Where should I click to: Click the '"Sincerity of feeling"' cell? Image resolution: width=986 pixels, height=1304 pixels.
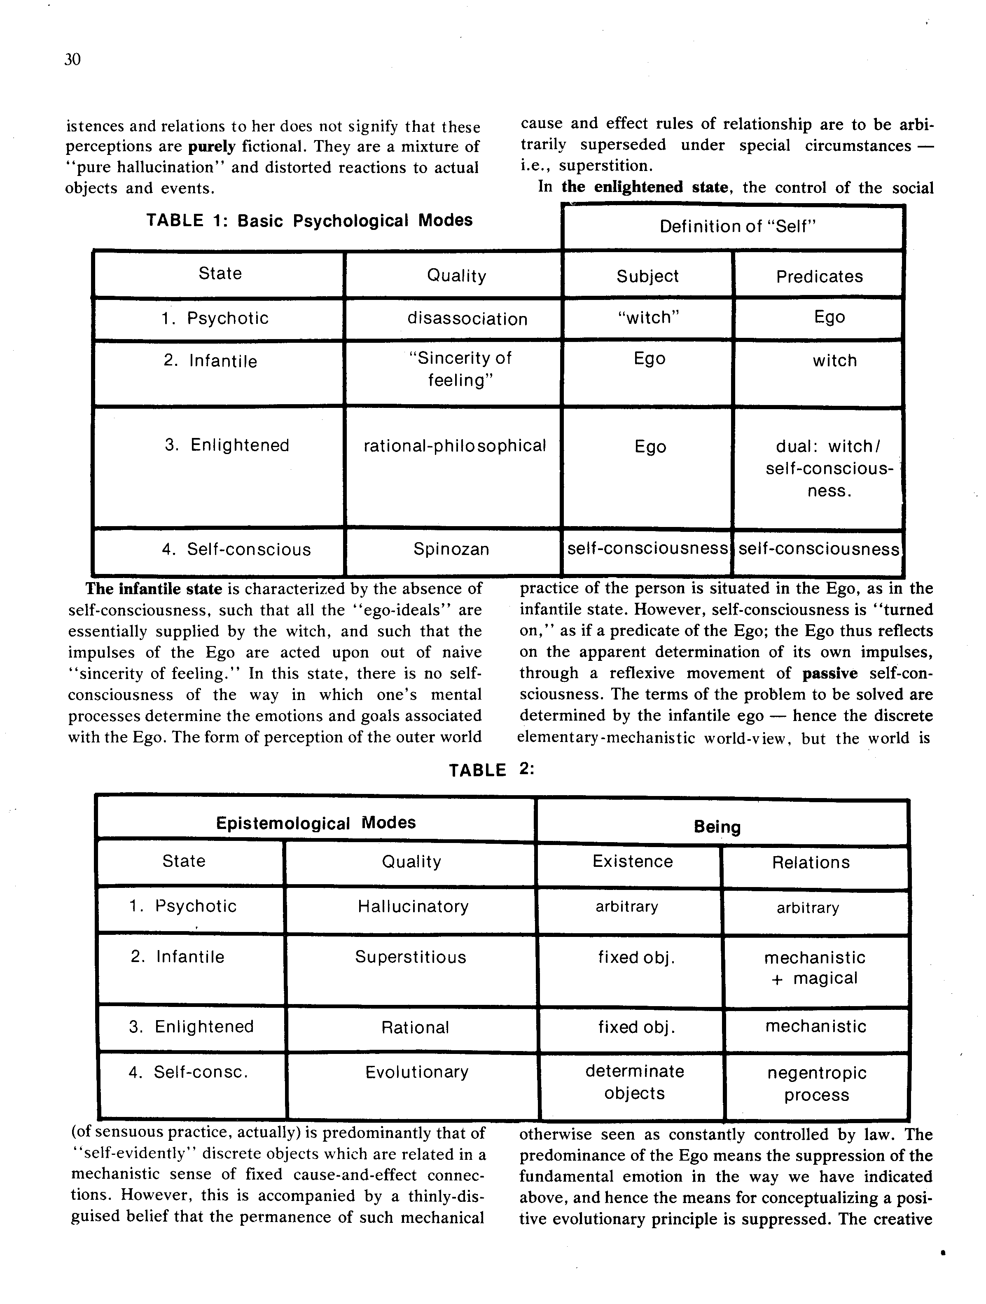[460, 369]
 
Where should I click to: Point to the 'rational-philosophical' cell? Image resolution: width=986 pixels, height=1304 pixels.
[454, 446]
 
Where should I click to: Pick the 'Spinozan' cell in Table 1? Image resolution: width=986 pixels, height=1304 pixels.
[451, 550]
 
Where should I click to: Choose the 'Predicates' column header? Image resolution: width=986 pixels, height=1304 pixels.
[819, 276]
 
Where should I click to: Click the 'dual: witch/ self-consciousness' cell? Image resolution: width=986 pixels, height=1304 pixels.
[829, 469]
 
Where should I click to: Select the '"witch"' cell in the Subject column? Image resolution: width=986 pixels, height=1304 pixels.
[648, 318]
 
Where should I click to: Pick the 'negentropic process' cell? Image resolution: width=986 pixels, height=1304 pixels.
[817, 1084]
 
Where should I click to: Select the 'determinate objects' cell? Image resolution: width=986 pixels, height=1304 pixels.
[635, 1082]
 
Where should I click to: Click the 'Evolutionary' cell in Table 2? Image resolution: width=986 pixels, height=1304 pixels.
[417, 1072]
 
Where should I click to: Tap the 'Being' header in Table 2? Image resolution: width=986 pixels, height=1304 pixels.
[717, 826]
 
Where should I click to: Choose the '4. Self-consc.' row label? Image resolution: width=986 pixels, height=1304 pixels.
[189, 1072]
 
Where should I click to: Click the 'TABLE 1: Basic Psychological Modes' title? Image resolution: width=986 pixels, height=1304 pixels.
[309, 220]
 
